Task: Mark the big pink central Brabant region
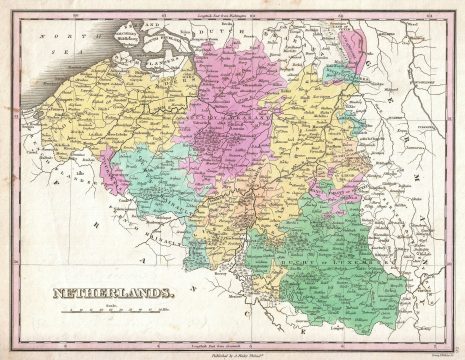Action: click(230, 110)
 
